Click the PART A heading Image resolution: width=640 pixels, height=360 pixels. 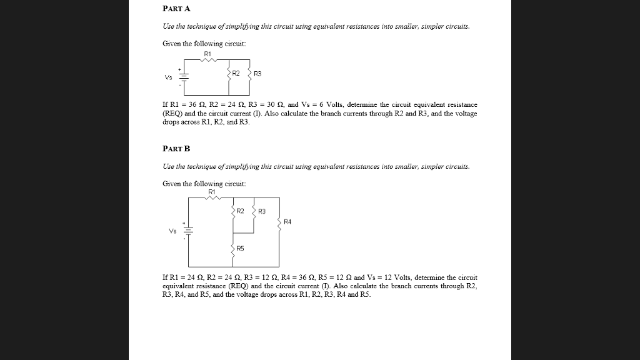176,9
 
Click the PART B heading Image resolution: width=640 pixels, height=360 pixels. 176,149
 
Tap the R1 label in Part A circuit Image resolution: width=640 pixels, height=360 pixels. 208,54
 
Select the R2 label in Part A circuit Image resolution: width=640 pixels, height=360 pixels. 236,73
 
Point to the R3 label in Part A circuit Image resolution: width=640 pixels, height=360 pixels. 258,74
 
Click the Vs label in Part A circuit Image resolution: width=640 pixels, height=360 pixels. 168,78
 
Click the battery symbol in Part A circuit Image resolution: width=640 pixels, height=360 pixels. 184,77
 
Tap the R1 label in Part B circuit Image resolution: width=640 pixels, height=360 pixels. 212,191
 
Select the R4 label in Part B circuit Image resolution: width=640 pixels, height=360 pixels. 287,221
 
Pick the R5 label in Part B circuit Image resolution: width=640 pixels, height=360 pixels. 241,249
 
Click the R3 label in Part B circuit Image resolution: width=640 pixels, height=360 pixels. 261,211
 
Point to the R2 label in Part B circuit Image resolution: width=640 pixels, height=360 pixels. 240,211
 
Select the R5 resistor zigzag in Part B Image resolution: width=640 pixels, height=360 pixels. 233,249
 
